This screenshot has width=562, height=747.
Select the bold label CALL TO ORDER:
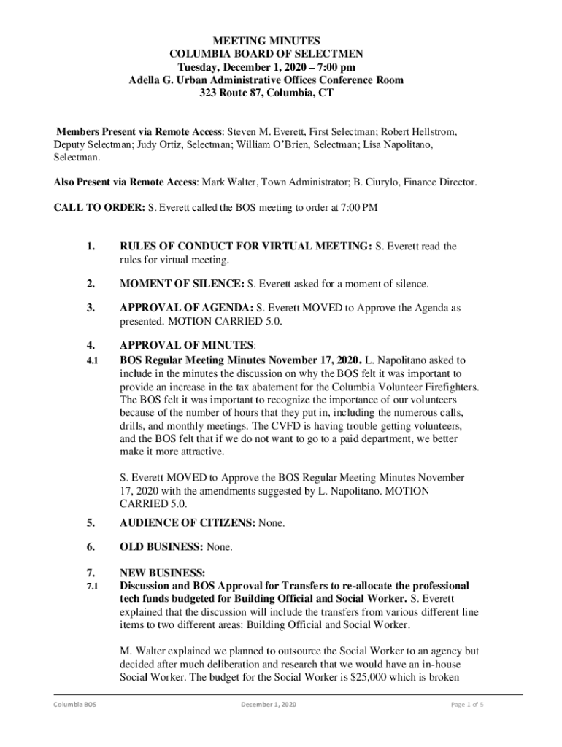(x=99, y=207)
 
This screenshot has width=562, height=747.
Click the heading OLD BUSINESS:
(x=162, y=546)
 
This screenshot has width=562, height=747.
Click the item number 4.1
(x=91, y=360)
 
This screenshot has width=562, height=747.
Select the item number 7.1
(x=91, y=587)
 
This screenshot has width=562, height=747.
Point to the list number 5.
(x=90, y=523)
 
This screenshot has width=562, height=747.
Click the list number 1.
(x=90, y=247)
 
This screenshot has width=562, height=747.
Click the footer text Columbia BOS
(x=74, y=705)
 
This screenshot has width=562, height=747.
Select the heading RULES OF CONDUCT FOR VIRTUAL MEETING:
(x=246, y=247)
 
